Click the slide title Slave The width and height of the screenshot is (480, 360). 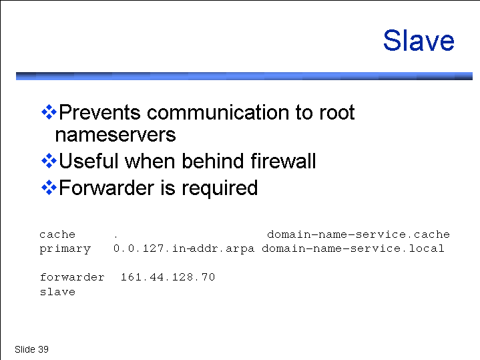419,41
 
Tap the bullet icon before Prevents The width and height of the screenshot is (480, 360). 49,112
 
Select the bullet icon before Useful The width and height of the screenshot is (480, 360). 49,161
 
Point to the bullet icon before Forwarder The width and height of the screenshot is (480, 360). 49,188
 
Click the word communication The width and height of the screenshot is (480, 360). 218,112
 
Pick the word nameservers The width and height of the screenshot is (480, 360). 115,135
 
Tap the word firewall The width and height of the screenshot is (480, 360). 283,160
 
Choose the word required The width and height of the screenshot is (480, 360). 220,189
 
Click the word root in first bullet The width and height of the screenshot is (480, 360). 337,112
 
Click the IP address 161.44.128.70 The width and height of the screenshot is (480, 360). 168,277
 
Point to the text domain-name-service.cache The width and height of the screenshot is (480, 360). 358,234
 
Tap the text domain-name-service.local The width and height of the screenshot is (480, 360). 353,248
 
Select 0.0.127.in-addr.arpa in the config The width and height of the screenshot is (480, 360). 184,248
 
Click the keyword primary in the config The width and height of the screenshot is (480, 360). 65,249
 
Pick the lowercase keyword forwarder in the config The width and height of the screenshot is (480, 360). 72,277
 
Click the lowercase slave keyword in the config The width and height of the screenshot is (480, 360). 57,291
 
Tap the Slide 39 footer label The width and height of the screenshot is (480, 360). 31,349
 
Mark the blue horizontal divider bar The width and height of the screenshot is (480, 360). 244,76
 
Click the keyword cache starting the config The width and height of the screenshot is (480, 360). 57,234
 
